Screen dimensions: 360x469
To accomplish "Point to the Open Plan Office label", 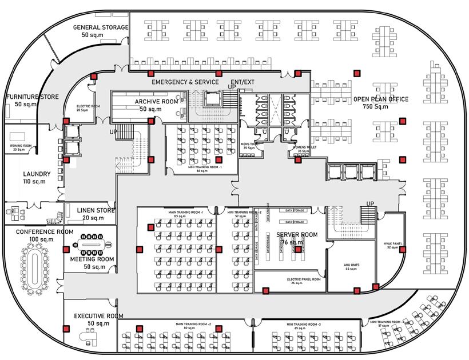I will [381, 99].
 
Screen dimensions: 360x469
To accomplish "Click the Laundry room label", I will [37, 174].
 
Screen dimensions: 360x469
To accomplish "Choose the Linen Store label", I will [96, 210].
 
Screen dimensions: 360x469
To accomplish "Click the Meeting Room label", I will [92, 259].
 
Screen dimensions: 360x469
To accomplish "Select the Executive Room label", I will [99, 316].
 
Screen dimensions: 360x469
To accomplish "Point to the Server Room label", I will [297, 235].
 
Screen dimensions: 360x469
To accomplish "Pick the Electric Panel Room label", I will [303, 280].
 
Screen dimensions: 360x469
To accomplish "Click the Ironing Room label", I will [21, 146].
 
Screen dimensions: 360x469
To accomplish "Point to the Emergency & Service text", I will [185, 82].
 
